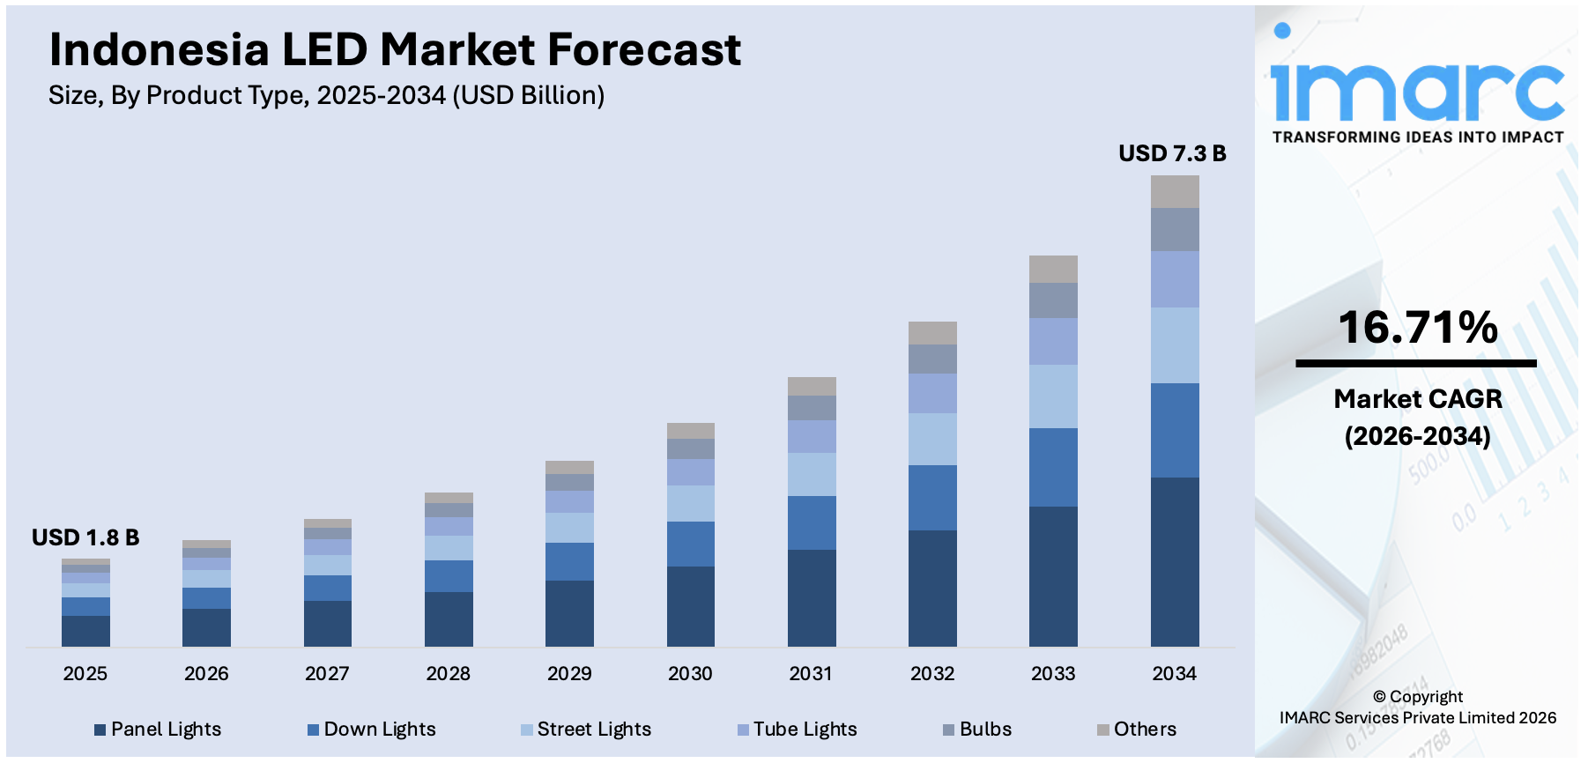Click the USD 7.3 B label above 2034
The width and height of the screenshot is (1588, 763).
pos(1172,154)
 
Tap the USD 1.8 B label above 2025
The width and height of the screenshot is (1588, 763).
pos(85,537)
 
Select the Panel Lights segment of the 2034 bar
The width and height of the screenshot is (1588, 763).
pos(1175,561)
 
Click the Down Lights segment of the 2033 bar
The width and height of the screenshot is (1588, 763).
pos(1053,467)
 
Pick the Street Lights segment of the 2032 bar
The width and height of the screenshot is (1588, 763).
pos(932,439)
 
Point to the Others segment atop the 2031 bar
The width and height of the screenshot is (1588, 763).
pos(812,386)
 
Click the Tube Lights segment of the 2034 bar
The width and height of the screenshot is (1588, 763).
pos(1175,279)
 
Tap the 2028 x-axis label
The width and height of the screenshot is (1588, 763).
pos(448,674)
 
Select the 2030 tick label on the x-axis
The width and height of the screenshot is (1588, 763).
pos(690,674)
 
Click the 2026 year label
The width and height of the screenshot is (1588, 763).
pos(206,674)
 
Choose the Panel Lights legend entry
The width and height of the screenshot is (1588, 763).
pos(159,730)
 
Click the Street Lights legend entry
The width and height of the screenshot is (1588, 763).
pos(586,730)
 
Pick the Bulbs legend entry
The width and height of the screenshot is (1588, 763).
pos(977,730)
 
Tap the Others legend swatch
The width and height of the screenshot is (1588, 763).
pos(1102,730)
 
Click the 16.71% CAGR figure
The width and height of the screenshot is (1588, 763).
pos(1417,328)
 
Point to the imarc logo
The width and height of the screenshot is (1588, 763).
pos(1417,84)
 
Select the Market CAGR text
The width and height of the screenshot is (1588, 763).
pos(1417,399)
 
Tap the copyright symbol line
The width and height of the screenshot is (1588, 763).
pos(1417,697)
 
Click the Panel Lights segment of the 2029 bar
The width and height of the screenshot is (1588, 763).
pos(569,613)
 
